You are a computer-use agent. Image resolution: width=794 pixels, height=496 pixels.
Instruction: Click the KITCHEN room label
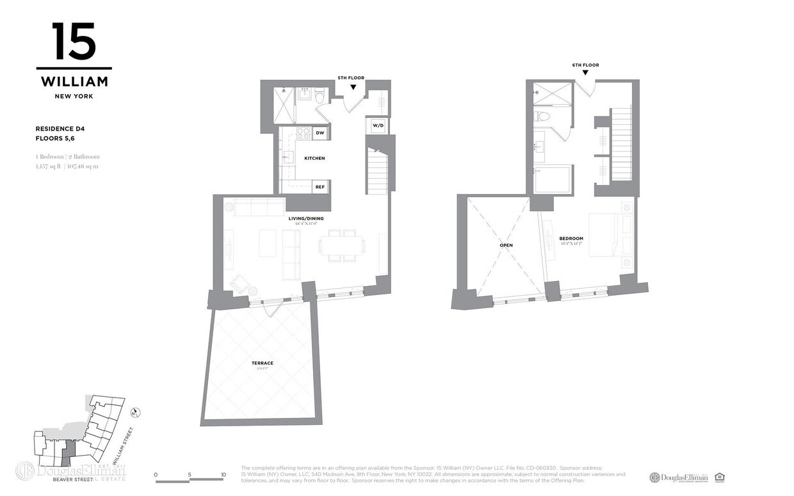point(314,158)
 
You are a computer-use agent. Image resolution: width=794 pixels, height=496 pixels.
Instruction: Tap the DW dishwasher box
point(320,132)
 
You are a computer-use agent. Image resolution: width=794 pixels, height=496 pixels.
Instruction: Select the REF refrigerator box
point(320,187)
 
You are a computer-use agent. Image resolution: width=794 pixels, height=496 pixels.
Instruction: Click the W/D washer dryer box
point(378,125)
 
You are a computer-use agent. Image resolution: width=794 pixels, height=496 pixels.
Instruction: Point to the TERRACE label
point(263,363)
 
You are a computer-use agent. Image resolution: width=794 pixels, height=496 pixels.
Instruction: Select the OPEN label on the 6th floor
point(506,245)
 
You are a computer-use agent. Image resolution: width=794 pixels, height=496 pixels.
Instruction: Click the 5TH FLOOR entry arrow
point(353,86)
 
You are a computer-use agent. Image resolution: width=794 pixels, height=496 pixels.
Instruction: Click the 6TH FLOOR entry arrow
point(585,73)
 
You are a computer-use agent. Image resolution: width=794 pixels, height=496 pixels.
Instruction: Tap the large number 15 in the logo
point(74,42)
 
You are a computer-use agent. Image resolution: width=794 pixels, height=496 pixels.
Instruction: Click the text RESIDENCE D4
point(60,129)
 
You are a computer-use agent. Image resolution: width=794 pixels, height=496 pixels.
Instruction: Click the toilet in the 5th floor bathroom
point(320,96)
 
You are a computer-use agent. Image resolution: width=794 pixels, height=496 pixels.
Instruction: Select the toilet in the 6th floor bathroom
point(542,116)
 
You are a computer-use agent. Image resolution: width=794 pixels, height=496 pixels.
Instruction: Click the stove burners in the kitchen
point(302,133)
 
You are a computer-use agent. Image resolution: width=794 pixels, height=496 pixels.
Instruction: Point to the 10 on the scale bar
point(223,474)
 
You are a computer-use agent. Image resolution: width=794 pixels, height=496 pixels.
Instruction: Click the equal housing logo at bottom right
point(719,477)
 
